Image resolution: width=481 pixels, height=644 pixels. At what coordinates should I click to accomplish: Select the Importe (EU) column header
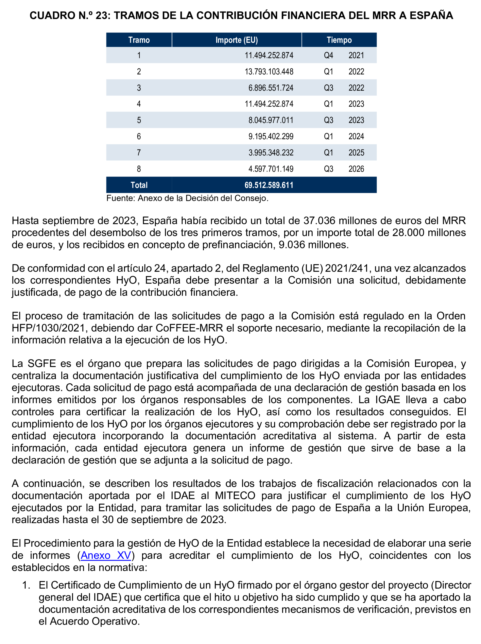click(236, 40)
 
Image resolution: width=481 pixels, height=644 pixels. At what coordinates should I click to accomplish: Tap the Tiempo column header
click(339, 40)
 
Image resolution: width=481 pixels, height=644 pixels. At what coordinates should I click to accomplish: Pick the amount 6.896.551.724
click(271, 88)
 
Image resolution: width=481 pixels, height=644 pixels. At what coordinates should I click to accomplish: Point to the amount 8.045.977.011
click(271, 120)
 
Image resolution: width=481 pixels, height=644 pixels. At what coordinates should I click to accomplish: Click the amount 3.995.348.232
click(271, 153)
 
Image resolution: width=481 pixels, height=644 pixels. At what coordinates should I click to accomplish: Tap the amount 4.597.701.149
click(271, 169)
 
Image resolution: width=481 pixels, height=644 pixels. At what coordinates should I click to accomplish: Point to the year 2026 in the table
click(356, 169)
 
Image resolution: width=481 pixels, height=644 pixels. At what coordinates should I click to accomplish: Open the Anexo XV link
click(106, 555)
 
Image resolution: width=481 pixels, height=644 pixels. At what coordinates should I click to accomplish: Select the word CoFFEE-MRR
click(189, 328)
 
